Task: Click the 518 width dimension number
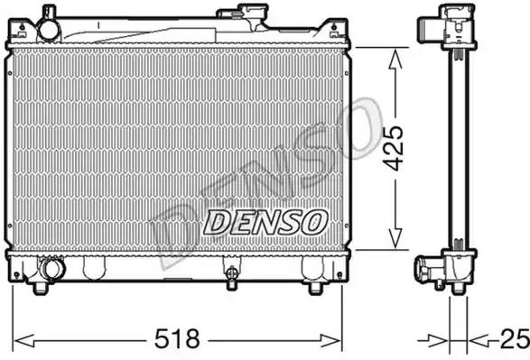point(177,338)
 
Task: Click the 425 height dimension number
point(395,149)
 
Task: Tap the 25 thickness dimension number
point(515,338)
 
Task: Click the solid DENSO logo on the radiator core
point(265,222)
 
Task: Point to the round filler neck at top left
point(49,30)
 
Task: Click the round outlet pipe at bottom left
point(52,268)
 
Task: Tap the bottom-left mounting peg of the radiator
point(41,287)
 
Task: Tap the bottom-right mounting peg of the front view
point(315,288)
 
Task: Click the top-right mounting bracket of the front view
point(336,30)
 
